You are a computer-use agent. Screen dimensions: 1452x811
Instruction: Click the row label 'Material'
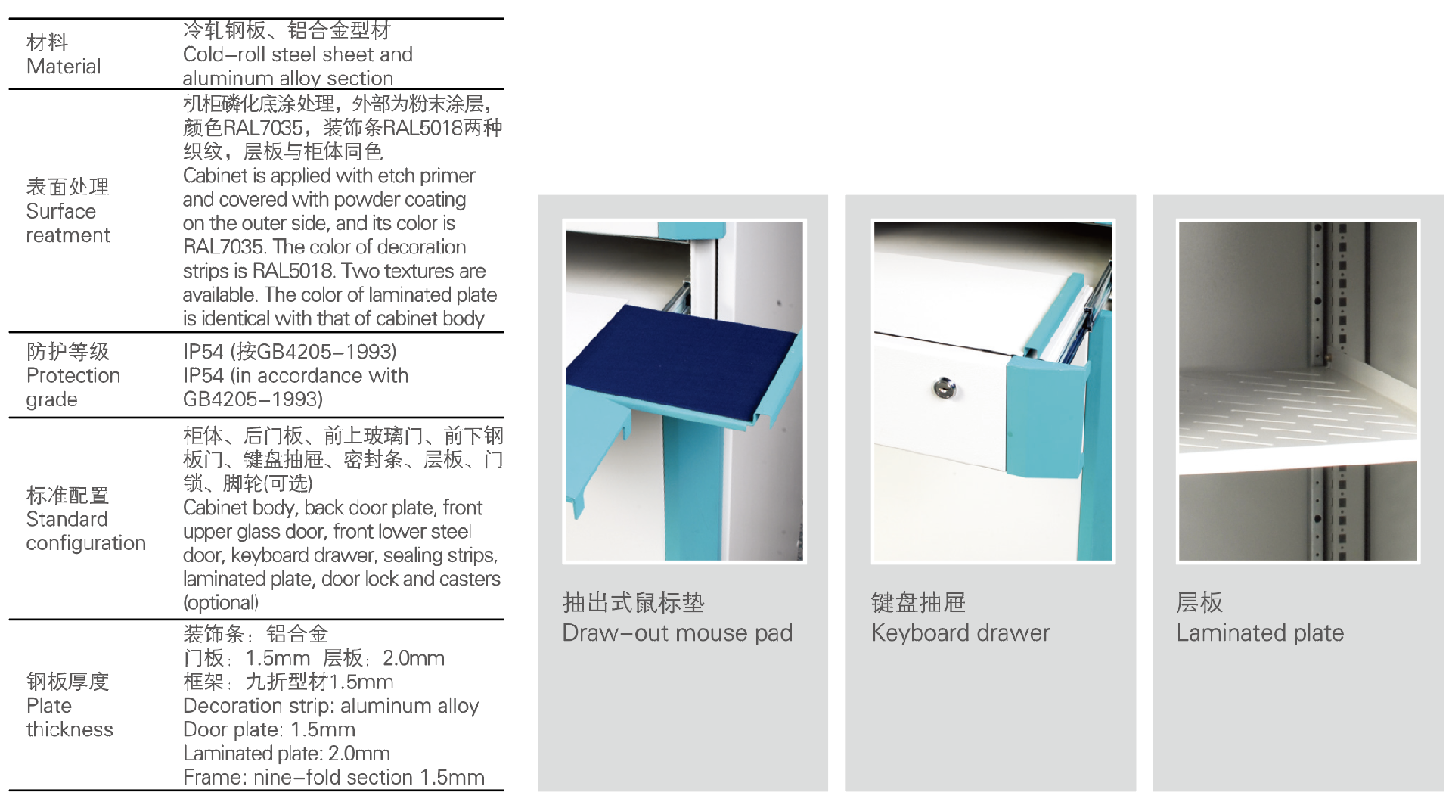point(64,66)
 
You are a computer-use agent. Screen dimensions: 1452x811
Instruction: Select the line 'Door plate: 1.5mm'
point(269,729)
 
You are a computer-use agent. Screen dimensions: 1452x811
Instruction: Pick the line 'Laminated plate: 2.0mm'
point(287,754)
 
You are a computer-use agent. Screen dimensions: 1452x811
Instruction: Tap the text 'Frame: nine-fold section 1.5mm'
point(334,777)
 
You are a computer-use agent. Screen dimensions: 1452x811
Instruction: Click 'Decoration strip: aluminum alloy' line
point(331,706)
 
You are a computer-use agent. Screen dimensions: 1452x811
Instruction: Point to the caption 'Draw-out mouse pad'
point(678,632)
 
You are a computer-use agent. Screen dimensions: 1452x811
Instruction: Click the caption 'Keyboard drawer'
point(960,632)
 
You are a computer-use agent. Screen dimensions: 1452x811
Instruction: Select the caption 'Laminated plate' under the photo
point(1260,632)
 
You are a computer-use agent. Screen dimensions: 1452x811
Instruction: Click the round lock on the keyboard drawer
point(943,387)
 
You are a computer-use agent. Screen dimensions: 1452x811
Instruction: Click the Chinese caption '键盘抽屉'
point(918,602)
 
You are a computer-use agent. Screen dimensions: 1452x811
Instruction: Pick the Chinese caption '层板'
point(1199,602)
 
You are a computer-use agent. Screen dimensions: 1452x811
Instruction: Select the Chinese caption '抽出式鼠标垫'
point(634,602)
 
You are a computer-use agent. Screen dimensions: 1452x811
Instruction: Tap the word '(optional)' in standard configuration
point(221,602)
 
